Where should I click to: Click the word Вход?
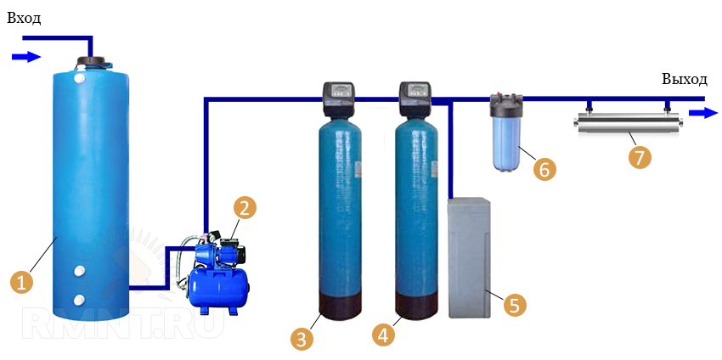[x=23, y=19]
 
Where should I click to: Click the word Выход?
[x=684, y=80]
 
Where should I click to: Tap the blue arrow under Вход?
[x=26, y=57]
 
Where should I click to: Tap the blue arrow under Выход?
[x=702, y=113]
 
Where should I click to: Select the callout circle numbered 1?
[x=22, y=282]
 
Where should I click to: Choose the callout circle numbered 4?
[x=384, y=335]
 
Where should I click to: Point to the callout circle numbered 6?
[x=544, y=169]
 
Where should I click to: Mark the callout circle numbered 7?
[x=640, y=156]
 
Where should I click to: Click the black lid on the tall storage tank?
[x=93, y=62]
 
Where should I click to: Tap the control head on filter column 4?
[x=415, y=98]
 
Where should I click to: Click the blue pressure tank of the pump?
[x=218, y=284]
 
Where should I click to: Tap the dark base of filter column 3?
[x=339, y=307]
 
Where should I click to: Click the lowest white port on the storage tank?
[x=79, y=300]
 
